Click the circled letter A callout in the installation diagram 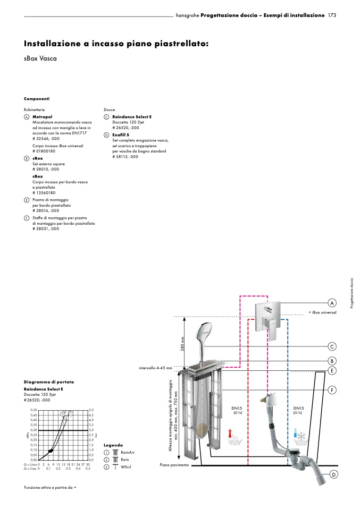(332, 303)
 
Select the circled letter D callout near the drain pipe (334, 474)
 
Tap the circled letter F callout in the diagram (332, 390)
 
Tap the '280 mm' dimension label (182, 344)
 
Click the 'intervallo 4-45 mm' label (155, 368)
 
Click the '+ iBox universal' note (322, 312)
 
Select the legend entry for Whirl (125, 467)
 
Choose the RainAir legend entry (128, 452)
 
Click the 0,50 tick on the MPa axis (34, 410)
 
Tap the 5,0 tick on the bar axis (91, 410)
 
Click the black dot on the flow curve (51, 451)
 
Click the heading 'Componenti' (37, 99)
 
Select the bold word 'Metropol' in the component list (42, 116)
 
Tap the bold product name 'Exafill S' (121, 135)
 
